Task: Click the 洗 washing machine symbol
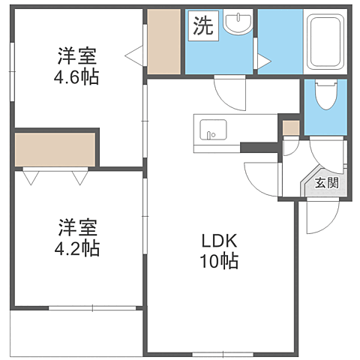tap(203, 25)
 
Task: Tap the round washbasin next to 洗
tap(238, 23)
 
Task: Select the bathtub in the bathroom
tap(325, 42)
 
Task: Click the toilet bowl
tap(325, 95)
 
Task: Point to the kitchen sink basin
tap(213, 130)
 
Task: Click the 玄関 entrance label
tap(326, 183)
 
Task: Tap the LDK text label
tap(219, 241)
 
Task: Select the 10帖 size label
tap(219, 261)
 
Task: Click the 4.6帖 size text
tap(76, 76)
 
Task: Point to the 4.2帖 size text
tap(77, 248)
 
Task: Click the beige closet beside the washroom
tap(164, 41)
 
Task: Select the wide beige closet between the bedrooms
tap(55, 149)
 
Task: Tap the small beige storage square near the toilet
tap(291, 128)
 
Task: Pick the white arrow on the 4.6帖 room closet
tap(134, 56)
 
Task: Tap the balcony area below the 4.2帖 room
tap(76, 332)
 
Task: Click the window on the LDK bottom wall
tap(223, 354)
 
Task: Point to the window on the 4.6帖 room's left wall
tap(12, 72)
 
